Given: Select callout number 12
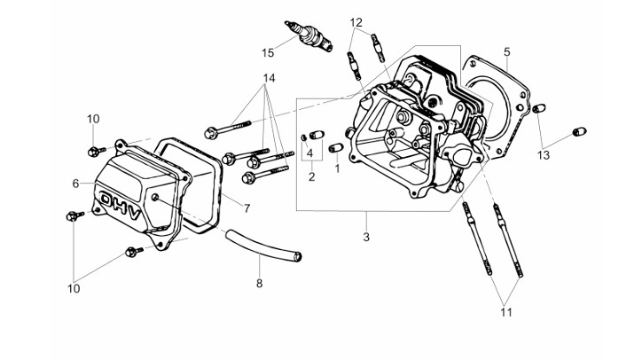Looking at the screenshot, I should coord(356,22).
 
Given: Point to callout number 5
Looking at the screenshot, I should coord(506,51).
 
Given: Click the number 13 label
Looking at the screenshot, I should coord(544,155).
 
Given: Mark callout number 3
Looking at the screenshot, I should coord(365,238).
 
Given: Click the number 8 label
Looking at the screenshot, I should coord(260,285).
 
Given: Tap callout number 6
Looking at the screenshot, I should coord(76,184).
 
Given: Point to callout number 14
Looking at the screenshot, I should coord(270,79).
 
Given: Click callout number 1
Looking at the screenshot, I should coord(337,168).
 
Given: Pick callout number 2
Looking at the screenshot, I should coord(312,176).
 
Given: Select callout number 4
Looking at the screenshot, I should coord(310,153).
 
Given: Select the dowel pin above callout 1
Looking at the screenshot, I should coord(336,147).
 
